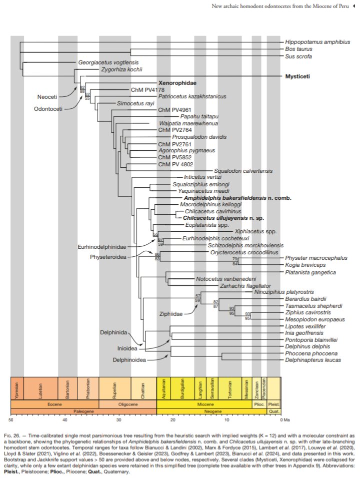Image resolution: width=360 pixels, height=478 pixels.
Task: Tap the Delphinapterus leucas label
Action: click(x=313, y=360)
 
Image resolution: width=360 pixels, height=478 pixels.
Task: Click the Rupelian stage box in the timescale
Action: click(x=115, y=387)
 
